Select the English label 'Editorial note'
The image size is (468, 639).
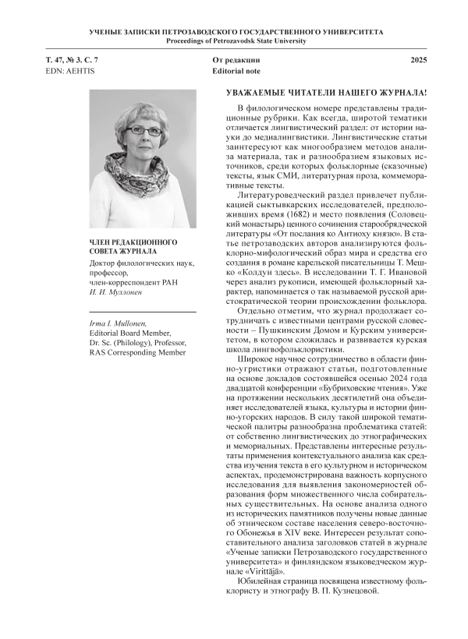(237, 70)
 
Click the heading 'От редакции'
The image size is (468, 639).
(236, 59)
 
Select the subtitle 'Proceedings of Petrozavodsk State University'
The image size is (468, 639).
(234, 39)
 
